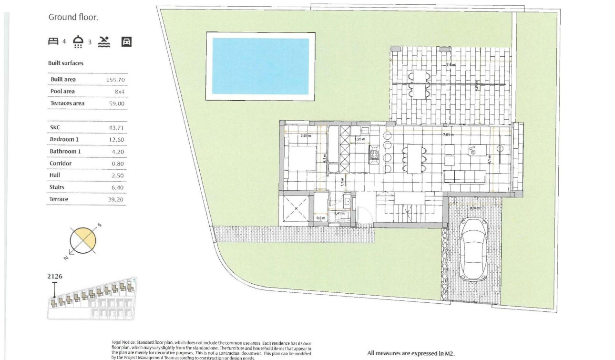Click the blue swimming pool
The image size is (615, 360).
260,66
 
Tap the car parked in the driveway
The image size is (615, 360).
473,249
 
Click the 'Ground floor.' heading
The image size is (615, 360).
73,17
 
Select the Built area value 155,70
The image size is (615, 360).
115,80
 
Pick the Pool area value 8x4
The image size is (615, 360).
119,92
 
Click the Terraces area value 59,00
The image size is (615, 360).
117,103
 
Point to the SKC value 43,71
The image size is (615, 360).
117,128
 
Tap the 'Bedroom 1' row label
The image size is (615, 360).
64,139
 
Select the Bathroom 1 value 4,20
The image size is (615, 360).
118,152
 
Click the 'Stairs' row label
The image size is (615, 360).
57,187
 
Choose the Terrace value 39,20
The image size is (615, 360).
116,199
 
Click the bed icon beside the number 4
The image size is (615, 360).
53,41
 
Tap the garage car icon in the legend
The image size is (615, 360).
126,42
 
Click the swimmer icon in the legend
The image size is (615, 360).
104,42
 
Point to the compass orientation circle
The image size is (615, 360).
83,240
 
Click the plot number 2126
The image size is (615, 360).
55,276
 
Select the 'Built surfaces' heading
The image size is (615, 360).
66,63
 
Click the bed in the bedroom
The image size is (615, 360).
301,158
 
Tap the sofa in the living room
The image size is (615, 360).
465,176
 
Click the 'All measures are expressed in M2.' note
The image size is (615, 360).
411,353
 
